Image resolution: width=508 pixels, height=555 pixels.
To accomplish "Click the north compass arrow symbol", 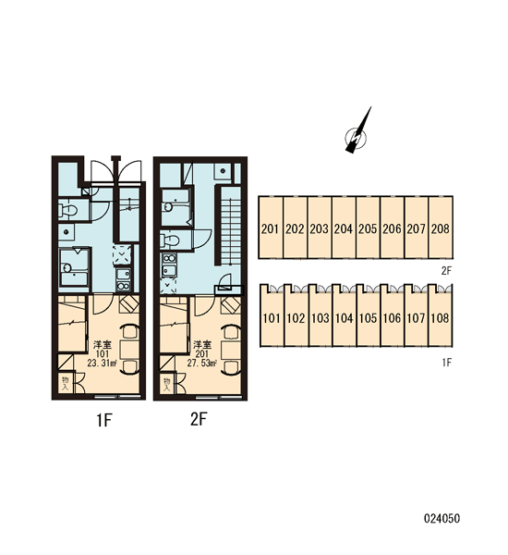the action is tap(357, 132).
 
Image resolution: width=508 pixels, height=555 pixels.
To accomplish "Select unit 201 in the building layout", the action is tap(271, 228).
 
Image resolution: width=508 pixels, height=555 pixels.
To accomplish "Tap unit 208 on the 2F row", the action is tap(441, 228).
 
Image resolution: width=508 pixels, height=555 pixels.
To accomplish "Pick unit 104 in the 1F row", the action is tap(344, 316).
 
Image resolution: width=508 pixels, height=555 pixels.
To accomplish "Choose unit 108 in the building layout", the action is tap(441, 316).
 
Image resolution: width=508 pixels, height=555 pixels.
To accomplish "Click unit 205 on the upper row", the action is tap(368, 228).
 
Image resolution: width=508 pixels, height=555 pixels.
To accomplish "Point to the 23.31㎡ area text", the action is tap(103, 363).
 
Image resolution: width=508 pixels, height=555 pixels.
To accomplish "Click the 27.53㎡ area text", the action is tap(202, 363).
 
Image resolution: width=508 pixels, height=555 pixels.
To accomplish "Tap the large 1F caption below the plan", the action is tap(104, 421).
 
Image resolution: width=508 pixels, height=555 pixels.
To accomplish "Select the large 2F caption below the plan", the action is tap(199, 420).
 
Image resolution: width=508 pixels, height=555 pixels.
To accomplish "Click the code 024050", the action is tap(441, 519).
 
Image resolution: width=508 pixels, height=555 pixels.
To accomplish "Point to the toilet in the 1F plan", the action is tap(68, 211).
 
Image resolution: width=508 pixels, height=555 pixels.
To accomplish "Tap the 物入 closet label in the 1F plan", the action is tap(66, 384).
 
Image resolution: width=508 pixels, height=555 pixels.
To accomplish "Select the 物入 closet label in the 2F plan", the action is tap(167, 384).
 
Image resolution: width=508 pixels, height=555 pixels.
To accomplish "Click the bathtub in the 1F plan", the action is tap(74, 266).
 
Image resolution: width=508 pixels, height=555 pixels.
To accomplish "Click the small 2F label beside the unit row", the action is tap(446, 271).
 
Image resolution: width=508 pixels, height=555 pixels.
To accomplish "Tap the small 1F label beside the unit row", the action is tap(447, 362).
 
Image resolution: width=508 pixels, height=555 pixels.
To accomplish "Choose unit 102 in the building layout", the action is tap(296, 316).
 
